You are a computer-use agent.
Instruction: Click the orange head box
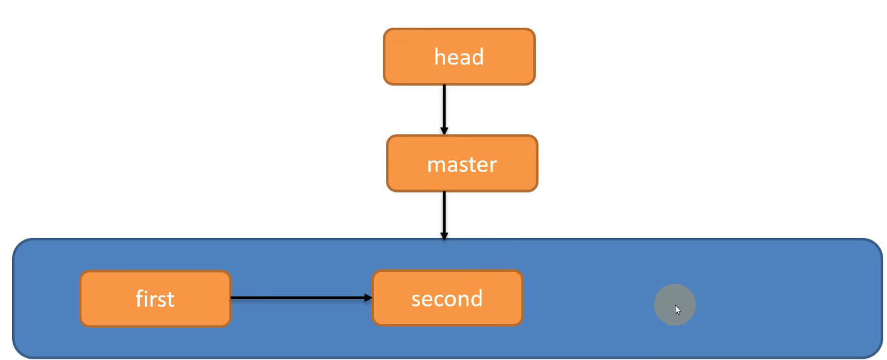click(459, 57)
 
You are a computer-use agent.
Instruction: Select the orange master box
click(462, 164)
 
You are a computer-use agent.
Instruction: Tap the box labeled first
click(155, 299)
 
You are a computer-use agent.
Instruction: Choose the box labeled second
click(447, 298)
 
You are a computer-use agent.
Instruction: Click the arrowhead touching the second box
click(368, 298)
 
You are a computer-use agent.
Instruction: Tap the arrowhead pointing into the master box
click(444, 131)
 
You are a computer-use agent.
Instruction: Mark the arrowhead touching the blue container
click(444, 236)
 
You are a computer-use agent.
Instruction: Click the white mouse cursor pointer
click(677, 309)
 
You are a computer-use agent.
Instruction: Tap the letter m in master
click(436, 165)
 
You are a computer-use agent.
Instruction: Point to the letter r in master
click(493, 165)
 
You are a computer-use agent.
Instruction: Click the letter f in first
click(140, 298)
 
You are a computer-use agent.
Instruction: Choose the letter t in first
click(170, 299)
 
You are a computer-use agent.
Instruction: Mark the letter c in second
click(441, 299)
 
